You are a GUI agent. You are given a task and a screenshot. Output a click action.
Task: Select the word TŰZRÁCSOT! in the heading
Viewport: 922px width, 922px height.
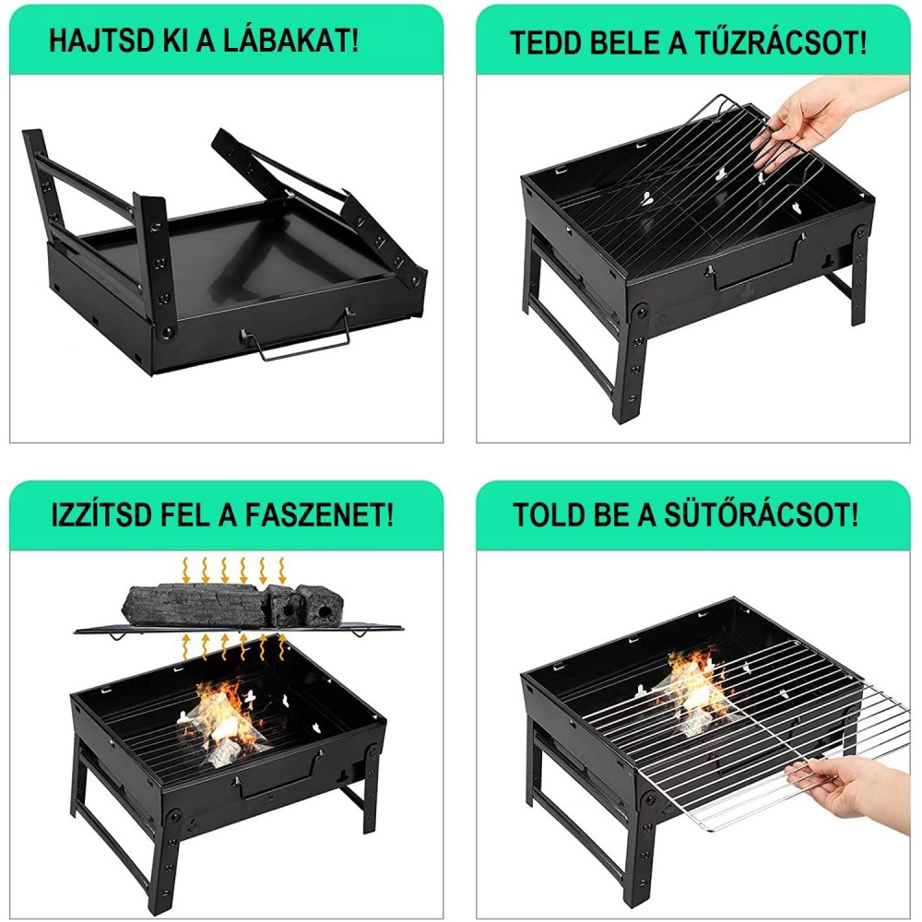coord(778,42)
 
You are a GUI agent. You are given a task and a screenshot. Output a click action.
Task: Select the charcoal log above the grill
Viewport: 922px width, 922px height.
coord(232,607)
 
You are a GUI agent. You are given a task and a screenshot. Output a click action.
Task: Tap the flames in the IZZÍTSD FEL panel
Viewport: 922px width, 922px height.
coord(222,720)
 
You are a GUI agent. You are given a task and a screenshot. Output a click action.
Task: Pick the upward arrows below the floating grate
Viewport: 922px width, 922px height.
coord(233,647)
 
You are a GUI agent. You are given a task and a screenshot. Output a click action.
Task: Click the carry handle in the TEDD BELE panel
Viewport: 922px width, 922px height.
coord(756,265)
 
